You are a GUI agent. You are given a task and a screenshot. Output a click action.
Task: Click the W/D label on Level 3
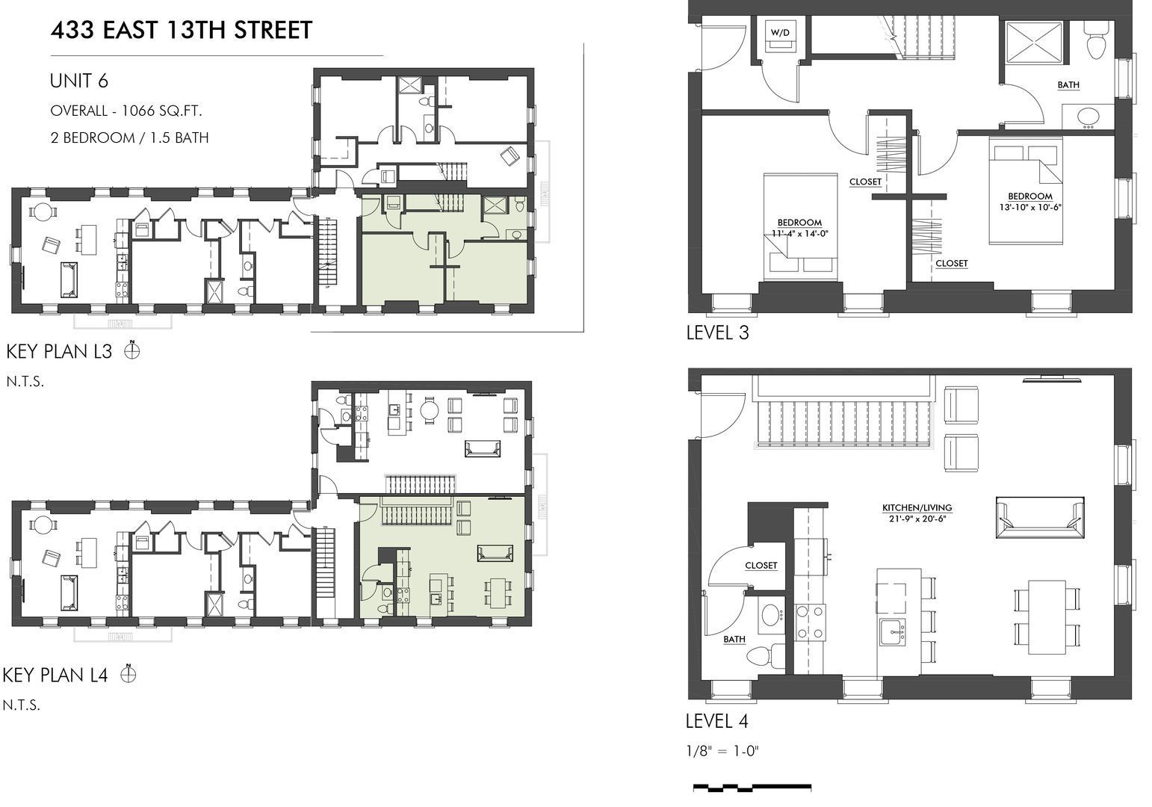tap(779, 32)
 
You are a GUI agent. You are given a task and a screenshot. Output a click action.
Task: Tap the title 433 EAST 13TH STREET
tap(181, 31)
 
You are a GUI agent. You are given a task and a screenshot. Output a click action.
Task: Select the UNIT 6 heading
tap(78, 81)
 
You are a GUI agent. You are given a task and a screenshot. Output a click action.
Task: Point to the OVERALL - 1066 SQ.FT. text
tap(126, 111)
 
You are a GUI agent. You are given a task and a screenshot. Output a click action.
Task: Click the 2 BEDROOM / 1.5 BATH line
tap(129, 137)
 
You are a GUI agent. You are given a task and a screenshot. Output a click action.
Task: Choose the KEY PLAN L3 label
tap(59, 351)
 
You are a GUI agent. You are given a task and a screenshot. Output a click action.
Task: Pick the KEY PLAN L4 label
tap(56, 675)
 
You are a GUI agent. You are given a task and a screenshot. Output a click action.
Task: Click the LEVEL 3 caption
tap(717, 333)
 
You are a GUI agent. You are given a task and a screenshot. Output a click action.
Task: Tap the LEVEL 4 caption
tap(716, 721)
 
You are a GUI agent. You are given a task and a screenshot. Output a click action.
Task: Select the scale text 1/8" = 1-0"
tap(722, 751)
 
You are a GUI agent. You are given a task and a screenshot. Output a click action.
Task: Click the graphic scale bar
tap(752, 787)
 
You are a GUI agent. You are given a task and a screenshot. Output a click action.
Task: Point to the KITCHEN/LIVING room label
tap(917, 508)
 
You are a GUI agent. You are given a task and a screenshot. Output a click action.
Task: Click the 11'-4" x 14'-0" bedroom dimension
tap(799, 233)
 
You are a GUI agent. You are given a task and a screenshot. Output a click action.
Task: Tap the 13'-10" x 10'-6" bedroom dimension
tap(1030, 207)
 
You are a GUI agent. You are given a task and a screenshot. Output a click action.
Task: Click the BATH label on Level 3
tap(1068, 85)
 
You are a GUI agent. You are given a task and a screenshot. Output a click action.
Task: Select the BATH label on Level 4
tap(734, 640)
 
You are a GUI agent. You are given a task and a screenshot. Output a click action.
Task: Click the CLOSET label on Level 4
tap(761, 566)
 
